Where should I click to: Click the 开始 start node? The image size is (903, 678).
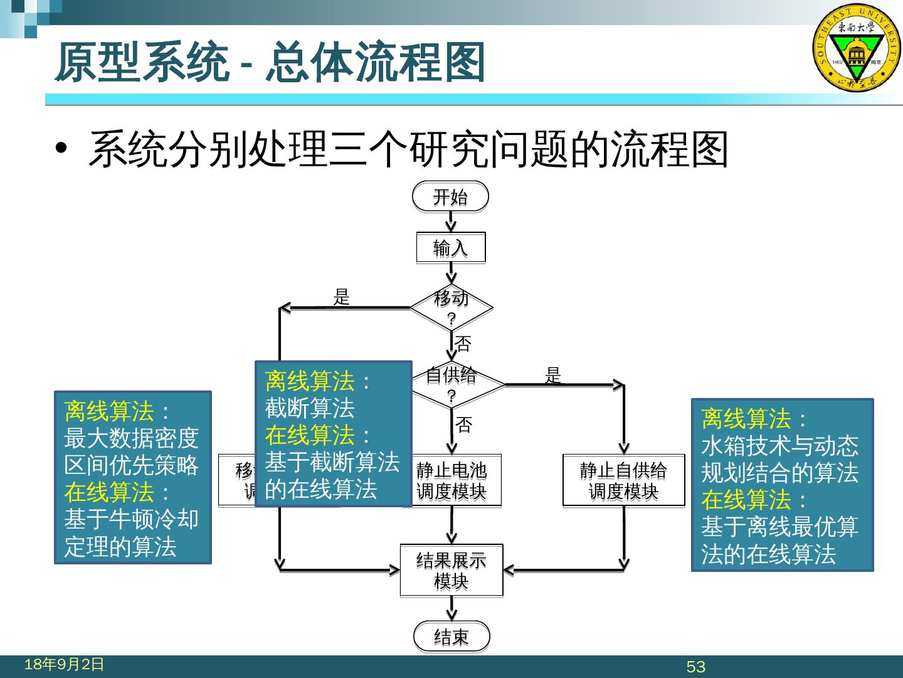[x=450, y=198]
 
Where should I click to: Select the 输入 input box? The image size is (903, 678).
[x=450, y=248]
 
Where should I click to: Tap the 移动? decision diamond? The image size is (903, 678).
[x=451, y=308]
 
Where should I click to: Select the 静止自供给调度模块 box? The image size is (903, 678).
[x=623, y=481]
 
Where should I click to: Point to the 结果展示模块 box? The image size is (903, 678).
[x=451, y=570]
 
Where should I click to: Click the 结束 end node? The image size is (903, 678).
[x=451, y=638]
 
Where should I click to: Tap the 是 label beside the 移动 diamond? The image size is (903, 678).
[x=341, y=297]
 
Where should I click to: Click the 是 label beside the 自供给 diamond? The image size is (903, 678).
[x=552, y=375]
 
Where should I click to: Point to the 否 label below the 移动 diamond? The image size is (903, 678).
[x=463, y=343]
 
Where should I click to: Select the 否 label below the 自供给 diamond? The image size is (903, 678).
[x=463, y=425]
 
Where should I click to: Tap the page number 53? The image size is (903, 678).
[x=696, y=667]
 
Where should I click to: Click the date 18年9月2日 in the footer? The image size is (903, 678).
[x=64, y=664]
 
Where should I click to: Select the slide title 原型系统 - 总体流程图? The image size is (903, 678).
[x=270, y=63]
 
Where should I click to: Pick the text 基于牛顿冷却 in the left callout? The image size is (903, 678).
[x=131, y=519]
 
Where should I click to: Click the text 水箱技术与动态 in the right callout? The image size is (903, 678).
[x=779, y=445]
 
